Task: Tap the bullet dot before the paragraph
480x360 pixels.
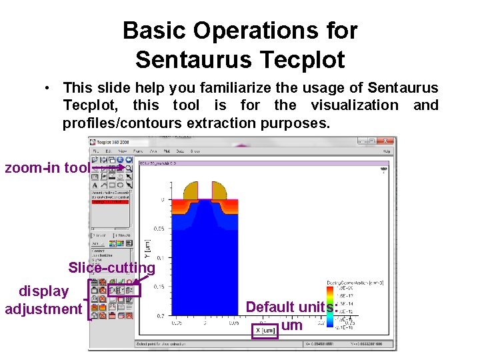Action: click(x=49, y=88)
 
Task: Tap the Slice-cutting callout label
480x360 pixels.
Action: click(x=111, y=267)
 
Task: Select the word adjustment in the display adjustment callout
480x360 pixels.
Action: click(x=43, y=309)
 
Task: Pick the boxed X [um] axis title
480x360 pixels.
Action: click(x=267, y=331)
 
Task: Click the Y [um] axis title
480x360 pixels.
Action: click(x=147, y=251)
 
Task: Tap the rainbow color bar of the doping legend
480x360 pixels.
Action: click(x=329, y=307)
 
